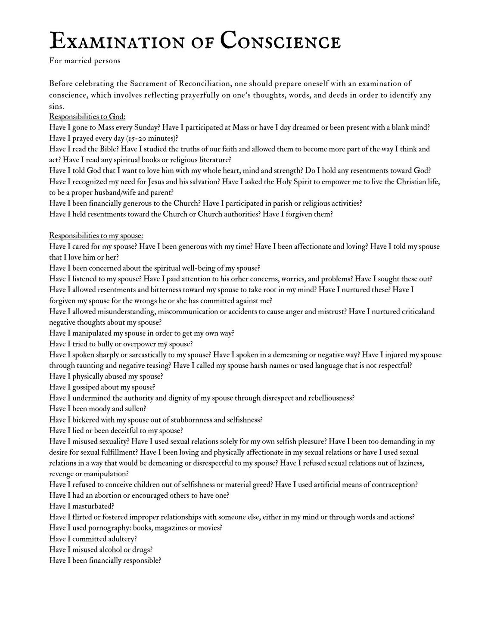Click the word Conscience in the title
(x=280, y=42)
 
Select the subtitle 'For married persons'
(x=85, y=61)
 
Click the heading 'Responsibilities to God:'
(x=87, y=117)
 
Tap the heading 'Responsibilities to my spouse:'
(x=96, y=236)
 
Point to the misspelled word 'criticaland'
(x=417, y=311)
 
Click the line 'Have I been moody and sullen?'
(x=98, y=409)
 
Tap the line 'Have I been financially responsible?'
(x=105, y=560)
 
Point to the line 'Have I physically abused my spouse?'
(x=106, y=376)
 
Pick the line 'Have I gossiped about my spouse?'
(x=102, y=387)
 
